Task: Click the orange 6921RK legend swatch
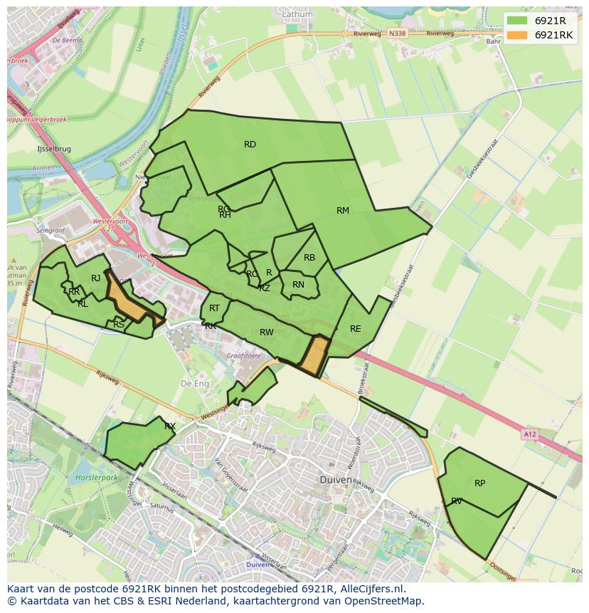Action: coord(518,35)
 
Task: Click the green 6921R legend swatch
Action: coord(518,21)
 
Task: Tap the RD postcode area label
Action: coord(250,145)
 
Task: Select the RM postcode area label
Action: coord(343,210)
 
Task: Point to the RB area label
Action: coord(309,258)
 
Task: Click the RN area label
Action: coord(298,285)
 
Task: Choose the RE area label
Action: coord(355,329)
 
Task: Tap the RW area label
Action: coord(266,332)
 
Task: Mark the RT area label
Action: coord(214,308)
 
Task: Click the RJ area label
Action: coord(95,278)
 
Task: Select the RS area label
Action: coord(119,325)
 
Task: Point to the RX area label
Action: coord(170,426)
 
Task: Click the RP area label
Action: coord(479,483)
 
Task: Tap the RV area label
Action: coord(457,501)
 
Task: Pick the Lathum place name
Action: coord(297,14)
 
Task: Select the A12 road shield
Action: coord(529,434)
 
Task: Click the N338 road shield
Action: coord(397,33)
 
